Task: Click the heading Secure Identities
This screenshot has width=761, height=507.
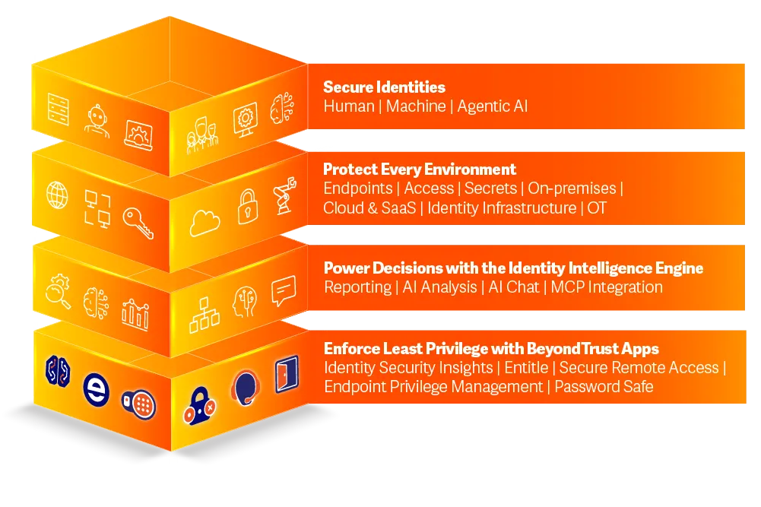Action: point(384,87)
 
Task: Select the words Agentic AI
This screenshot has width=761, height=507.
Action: point(492,106)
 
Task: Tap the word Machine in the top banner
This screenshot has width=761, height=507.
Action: point(416,106)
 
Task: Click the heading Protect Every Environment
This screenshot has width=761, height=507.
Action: point(420,170)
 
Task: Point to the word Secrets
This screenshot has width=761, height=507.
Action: point(490,189)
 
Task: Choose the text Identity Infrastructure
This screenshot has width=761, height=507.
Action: point(502,208)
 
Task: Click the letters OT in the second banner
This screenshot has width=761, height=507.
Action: point(597,208)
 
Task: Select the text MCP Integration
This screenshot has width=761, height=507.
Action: point(607,287)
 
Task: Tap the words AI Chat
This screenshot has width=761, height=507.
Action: point(514,287)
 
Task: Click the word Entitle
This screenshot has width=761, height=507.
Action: point(526,368)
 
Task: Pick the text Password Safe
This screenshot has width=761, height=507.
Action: point(604,387)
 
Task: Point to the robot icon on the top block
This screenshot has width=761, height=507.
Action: point(97,121)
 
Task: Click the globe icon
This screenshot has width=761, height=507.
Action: point(57,195)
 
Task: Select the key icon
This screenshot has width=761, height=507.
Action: point(138,223)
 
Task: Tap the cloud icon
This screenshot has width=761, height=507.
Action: point(205,223)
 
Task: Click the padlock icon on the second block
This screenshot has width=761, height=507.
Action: point(248,207)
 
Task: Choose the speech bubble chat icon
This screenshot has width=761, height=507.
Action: point(284,290)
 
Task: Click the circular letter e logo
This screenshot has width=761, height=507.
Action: point(96,389)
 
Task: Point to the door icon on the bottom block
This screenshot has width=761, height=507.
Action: point(287,373)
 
